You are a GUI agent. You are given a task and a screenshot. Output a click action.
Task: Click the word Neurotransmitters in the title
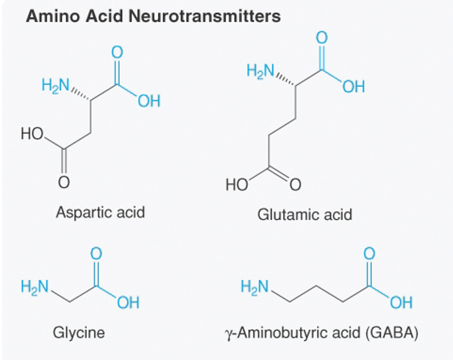click(x=205, y=16)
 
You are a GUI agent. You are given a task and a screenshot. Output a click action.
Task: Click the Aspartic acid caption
click(x=100, y=213)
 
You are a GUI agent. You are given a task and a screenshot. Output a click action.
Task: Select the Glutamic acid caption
click(x=305, y=215)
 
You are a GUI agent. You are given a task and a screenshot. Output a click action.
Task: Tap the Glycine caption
click(x=79, y=333)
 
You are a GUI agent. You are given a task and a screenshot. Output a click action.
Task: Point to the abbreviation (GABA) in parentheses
click(x=392, y=333)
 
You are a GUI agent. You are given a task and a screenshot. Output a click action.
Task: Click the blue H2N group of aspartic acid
click(x=55, y=86)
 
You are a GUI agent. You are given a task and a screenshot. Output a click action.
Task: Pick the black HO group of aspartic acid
click(x=32, y=134)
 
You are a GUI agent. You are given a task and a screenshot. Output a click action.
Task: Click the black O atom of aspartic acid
click(x=64, y=182)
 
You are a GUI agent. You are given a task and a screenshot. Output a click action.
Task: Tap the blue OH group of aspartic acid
click(x=149, y=101)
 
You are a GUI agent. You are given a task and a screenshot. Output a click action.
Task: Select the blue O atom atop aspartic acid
click(x=117, y=52)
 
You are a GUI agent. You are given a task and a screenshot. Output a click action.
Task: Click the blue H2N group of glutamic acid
click(x=261, y=71)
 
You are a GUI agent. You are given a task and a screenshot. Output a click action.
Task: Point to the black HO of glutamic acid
click(x=237, y=185)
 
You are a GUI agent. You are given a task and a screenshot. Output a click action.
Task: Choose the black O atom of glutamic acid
click(x=295, y=185)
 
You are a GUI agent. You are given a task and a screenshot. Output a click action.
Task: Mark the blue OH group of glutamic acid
click(x=354, y=86)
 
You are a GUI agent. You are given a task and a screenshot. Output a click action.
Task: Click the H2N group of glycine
click(x=35, y=287)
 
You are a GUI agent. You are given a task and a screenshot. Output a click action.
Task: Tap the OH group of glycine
click(x=128, y=303)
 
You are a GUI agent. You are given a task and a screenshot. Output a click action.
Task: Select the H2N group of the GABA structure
click(x=255, y=287)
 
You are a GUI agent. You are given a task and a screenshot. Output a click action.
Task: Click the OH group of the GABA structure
click(x=401, y=303)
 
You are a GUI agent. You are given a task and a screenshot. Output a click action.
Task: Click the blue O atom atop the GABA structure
click(x=369, y=254)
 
